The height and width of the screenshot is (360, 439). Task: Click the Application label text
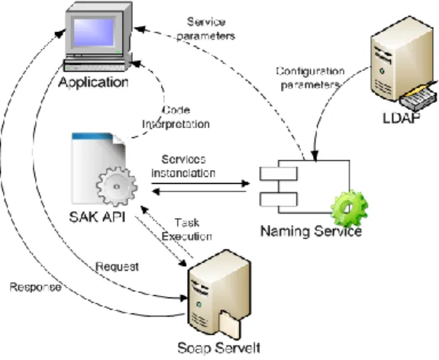[x=93, y=82]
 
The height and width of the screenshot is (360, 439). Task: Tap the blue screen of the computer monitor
[x=93, y=32]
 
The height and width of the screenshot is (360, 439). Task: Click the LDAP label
[x=402, y=117]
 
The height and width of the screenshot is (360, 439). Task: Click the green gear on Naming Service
[x=349, y=208]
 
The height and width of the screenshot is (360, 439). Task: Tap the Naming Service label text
[x=311, y=231]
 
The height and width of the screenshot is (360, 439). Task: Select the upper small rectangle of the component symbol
[x=279, y=173]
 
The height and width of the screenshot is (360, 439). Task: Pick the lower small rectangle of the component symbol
[x=279, y=199]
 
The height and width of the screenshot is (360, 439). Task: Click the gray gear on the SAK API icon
[x=117, y=186]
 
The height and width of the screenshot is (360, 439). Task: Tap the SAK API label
[x=97, y=217]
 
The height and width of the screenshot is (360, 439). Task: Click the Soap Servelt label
[x=219, y=348]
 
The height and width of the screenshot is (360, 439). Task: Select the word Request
[x=118, y=267]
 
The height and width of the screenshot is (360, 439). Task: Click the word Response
[x=35, y=288]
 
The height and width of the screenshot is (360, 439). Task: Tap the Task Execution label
[x=187, y=230]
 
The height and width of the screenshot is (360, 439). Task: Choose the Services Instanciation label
[x=183, y=166]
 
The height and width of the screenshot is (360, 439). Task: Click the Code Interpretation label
[x=176, y=117]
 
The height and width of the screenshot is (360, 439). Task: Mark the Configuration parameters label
[x=310, y=78]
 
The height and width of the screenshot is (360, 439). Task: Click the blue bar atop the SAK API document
[x=93, y=137]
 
